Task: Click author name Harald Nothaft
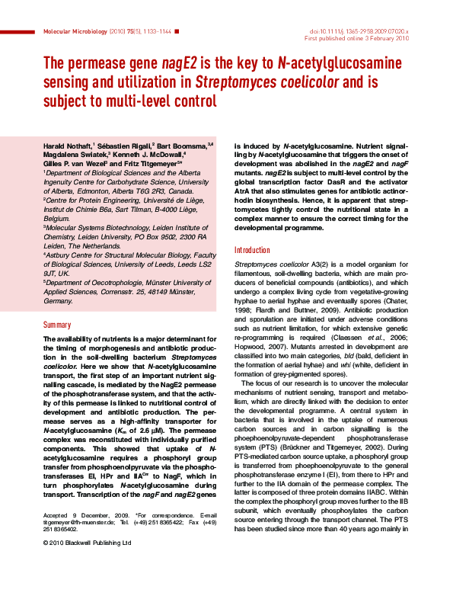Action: click(67, 144)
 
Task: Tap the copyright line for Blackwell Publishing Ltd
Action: click(88, 565)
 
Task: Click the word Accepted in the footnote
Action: click(56, 537)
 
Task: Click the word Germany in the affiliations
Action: click(59, 301)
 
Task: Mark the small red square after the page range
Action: click(177, 32)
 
